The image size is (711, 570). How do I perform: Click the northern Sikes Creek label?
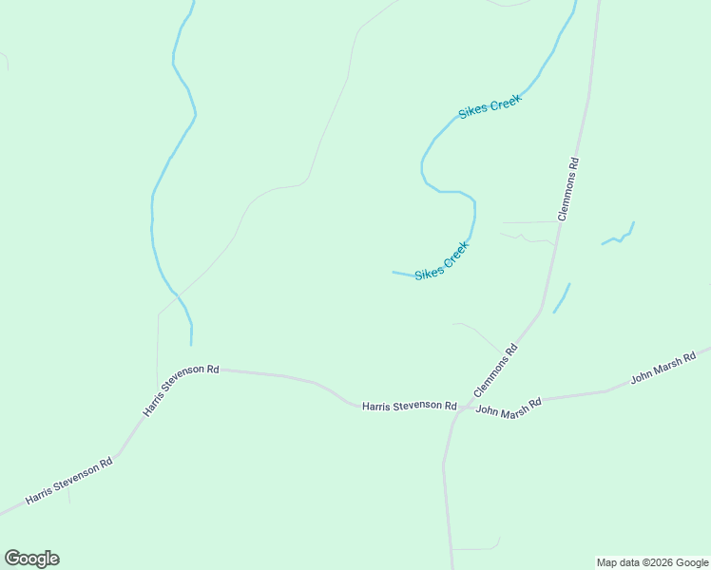click(x=490, y=107)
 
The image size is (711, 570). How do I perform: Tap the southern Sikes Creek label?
click(x=442, y=260)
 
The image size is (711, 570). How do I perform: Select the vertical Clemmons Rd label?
click(x=567, y=189)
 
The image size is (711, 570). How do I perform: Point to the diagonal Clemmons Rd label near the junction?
click(x=495, y=370)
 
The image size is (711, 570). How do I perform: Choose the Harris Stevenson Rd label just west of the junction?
click(x=409, y=406)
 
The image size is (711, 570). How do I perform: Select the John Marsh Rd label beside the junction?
click(x=508, y=407)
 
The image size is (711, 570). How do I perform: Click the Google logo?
click(x=31, y=559)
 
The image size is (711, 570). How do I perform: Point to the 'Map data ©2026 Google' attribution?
click(x=653, y=562)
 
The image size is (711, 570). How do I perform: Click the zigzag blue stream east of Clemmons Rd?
click(x=619, y=235)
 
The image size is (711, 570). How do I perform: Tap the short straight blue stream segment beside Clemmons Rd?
click(x=562, y=297)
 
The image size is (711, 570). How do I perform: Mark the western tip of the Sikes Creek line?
click(x=394, y=273)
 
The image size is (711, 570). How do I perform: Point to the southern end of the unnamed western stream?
click(x=191, y=344)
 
